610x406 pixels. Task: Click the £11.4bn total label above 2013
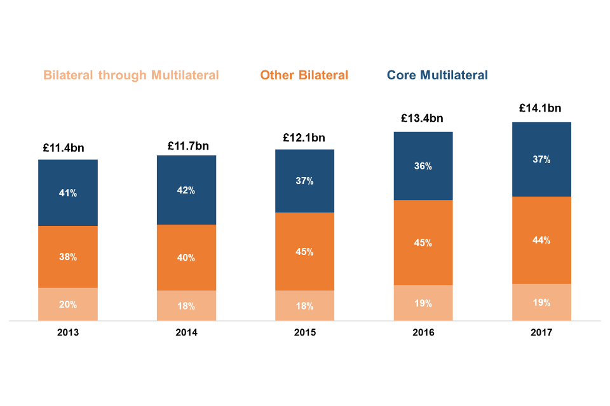(x=68, y=148)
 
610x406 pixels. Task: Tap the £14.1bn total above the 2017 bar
(x=540, y=108)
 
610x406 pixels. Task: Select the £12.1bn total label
(x=304, y=138)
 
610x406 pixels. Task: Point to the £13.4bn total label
(x=422, y=118)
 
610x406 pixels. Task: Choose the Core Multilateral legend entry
(x=437, y=75)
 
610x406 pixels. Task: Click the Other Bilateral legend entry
(x=304, y=75)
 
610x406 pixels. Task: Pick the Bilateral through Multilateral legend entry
(x=131, y=75)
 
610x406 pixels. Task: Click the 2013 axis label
(x=68, y=332)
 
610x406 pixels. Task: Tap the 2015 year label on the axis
(x=304, y=332)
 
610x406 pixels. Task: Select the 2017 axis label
(x=541, y=332)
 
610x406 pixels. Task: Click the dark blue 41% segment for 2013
(x=68, y=193)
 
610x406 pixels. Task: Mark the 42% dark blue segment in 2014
(x=186, y=190)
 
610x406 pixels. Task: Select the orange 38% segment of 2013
(x=68, y=257)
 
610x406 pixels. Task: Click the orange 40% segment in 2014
(x=186, y=258)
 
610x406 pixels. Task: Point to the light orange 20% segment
(x=68, y=304)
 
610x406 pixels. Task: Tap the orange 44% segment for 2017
(x=541, y=240)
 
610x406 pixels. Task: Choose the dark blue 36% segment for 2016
(x=423, y=166)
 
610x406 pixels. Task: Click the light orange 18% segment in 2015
(x=304, y=306)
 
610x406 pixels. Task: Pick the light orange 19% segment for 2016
(x=423, y=303)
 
